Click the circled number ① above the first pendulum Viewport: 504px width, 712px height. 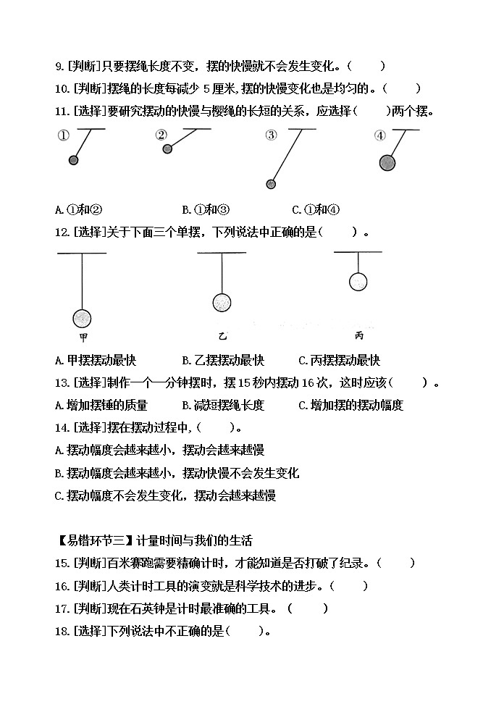(x=63, y=135)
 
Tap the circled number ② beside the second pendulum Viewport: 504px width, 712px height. (x=161, y=135)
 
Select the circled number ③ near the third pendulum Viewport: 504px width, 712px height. (x=271, y=135)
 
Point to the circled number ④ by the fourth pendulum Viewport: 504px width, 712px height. (x=380, y=135)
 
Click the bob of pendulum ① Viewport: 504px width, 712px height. (x=73, y=159)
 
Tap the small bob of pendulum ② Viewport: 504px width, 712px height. (x=167, y=149)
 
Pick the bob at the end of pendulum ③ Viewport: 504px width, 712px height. (x=272, y=184)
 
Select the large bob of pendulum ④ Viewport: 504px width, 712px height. (x=389, y=162)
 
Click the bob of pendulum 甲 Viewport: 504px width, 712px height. (x=83, y=317)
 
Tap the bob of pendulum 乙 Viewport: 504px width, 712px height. (x=222, y=302)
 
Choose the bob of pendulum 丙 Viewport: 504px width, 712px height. (x=358, y=282)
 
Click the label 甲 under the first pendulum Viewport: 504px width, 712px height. (x=83, y=337)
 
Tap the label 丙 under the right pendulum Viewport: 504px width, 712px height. (x=359, y=335)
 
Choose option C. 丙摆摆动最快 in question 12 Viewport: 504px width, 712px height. (x=339, y=360)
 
